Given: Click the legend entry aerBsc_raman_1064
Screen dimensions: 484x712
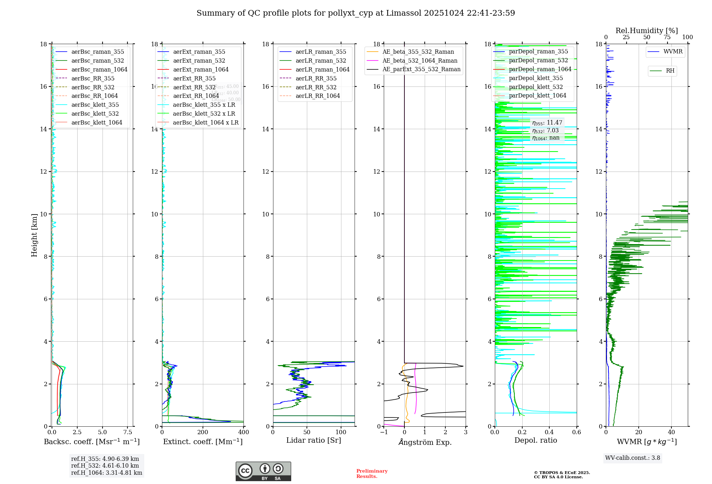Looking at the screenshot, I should [x=99, y=70].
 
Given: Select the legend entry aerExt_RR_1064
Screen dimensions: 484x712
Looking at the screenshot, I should [x=196, y=96].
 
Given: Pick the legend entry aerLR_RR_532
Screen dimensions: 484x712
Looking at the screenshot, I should [x=316, y=88].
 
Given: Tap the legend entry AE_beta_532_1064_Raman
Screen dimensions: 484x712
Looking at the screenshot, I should [x=420, y=61].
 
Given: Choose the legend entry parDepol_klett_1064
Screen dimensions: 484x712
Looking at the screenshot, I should [x=537, y=96].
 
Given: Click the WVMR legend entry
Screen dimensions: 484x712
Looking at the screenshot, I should [x=672, y=52].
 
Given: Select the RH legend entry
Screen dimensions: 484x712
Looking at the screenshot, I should [x=670, y=71].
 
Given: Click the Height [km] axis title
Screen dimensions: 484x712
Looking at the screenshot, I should [x=34, y=235].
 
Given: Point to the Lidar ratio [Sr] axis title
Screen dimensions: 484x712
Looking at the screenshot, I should [x=314, y=441].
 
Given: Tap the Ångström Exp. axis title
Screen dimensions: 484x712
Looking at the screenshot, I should [x=425, y=442].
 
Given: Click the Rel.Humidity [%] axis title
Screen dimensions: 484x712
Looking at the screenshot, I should [x=646, y=31].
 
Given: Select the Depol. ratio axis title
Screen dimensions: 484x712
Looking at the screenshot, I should [x=535, y=441].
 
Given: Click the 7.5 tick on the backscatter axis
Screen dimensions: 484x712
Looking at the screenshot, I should [x=128, y=432].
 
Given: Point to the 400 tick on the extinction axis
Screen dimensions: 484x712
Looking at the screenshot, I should [x=244, y=432].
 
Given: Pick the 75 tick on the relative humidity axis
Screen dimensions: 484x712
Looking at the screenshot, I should [x=667, y=37].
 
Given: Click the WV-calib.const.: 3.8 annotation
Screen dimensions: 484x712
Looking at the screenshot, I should [x=632, y=458].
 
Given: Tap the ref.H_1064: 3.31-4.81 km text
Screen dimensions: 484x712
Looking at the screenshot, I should [x=106, y=473].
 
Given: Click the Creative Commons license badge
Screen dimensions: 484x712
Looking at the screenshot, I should [x=263, y=471].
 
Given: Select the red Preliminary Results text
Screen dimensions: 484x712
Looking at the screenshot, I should [x=372, y=474].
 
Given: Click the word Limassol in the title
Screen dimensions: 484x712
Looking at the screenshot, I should [x=404, y=13].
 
